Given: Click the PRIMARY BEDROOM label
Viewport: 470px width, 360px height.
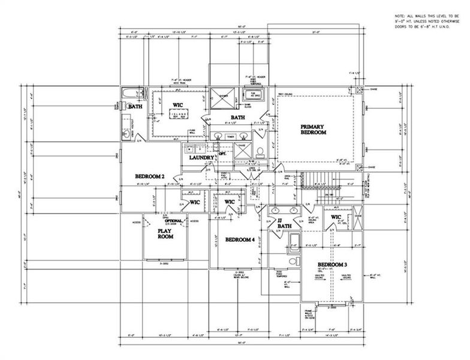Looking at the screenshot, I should [313, 129].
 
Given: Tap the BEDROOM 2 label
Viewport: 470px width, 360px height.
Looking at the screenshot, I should [149, 176].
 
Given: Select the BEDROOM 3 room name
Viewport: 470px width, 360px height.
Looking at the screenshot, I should [333, 265].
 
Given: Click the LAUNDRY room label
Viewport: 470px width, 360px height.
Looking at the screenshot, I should [201, 158].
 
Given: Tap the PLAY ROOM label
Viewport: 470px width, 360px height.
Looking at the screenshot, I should [165, 233].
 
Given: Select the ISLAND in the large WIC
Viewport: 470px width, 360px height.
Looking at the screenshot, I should [177, 115].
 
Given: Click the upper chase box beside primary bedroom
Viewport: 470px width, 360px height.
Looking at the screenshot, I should [359, 90].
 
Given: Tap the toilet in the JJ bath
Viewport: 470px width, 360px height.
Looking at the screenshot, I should [293, 262].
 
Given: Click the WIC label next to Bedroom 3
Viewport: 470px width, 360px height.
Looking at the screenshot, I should [336, 217].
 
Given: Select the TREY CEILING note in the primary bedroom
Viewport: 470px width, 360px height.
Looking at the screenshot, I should [284, 94].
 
